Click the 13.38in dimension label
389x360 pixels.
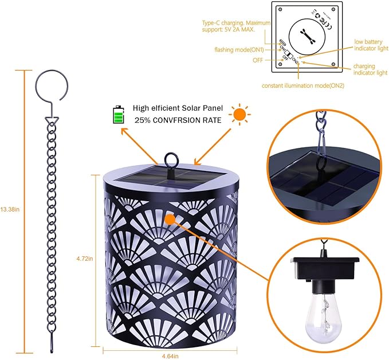[x=10, y=209]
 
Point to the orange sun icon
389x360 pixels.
[x=239, y=114]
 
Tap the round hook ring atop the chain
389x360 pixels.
[x=52, y=87]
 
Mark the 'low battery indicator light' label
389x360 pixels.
[x=371, y=45]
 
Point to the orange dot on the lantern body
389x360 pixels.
[x=169, y=218]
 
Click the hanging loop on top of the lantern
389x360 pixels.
[x=171, y=159]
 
